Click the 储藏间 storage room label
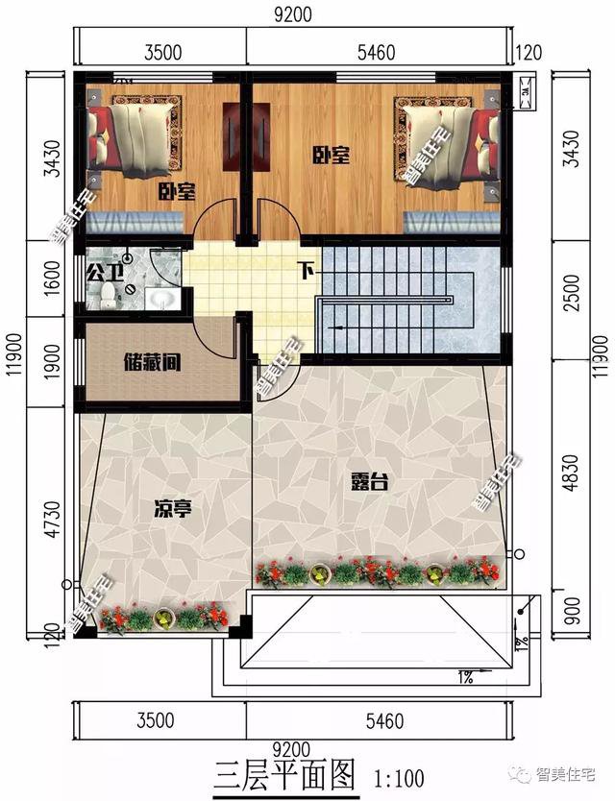(x=153, y=364)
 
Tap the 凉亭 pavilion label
(x=173, y=509)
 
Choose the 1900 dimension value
(x=53, y=362)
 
